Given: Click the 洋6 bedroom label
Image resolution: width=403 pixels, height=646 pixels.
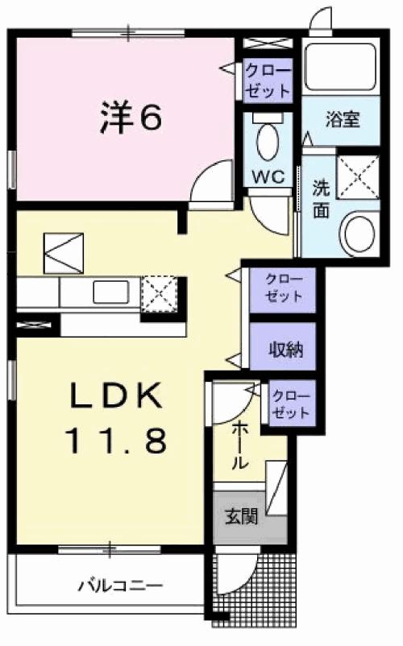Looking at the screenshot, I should click(x=131, y=118).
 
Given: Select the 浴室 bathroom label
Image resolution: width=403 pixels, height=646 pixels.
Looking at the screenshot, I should click(x=341, y=121).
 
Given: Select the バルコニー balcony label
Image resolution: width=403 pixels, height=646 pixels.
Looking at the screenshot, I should click(x=121, y=584).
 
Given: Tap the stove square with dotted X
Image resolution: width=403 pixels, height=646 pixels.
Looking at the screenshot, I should click(x=158, y=293).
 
